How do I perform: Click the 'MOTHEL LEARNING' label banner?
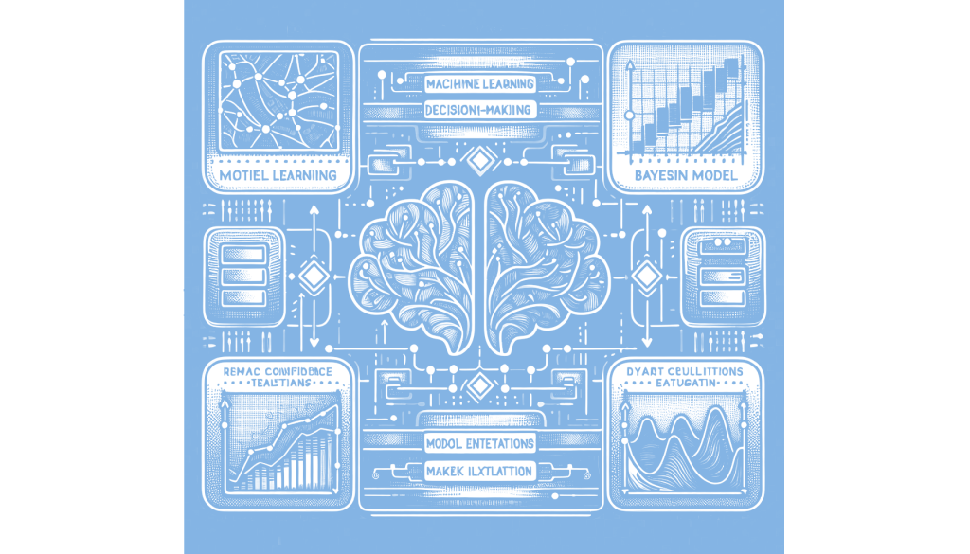(x=277, y=175)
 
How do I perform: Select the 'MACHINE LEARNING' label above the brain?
(x=480, y=84)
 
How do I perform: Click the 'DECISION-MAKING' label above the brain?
(x=480, y=110)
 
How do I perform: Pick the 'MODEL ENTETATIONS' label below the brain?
(x=480, y=443)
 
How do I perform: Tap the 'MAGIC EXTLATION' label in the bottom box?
(x=480, y=470)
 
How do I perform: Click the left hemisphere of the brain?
(x=417, y=265)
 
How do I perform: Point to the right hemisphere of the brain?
(x=545, y=265)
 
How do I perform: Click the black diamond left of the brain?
(x=314, y=276)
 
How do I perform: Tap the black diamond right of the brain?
(x=647, y=276)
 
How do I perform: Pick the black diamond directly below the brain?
(x=480, y=385)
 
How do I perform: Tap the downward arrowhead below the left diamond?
(x=314, y=341)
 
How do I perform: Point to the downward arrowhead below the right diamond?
(x=647, y=341)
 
